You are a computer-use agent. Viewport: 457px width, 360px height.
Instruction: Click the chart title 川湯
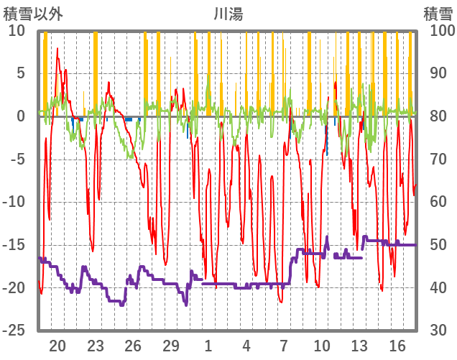pyautogui.click(x=228, y=14)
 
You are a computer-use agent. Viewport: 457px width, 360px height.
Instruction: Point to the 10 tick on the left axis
pyautogui.click(x=17, y=31)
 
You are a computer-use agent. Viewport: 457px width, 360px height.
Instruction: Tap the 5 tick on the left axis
pyautogui.click(x=21, y=73)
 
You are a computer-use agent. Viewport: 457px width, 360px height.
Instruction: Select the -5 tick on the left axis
pyautogui.click(x=18, y=159)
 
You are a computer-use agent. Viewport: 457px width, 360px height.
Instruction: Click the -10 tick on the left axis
pyautogui.click(x=14, y=202)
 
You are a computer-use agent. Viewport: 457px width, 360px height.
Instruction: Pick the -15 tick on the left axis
pyautogui.click(x=14, y=244)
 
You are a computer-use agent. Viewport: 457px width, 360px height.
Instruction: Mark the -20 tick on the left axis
pyautogui.click(x=14, y=287)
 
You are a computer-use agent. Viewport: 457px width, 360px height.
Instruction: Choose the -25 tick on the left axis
pyautogui.click(x=14, y=330)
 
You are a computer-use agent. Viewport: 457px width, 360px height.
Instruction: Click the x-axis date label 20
pyautogui.click(x=57, y=346)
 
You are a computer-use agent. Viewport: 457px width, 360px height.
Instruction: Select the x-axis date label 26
pyautogui.click(x=133, y=346)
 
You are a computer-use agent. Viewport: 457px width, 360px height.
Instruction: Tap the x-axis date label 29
pyautogui.click(x=170, y=346)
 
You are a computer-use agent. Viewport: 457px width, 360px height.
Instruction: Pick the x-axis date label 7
pyautogui.click(x=284, y=346)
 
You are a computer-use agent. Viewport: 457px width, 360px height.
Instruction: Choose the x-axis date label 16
pyautogui.click(x=397, y=346)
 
